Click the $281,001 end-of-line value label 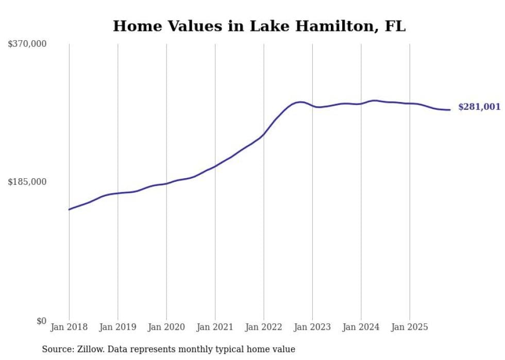click(x=479, y=107)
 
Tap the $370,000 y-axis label click(x=27, y=44)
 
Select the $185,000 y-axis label click(x=27, y=182)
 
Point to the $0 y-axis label click(x=41, y=321)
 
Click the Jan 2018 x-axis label click(x=69, y=327)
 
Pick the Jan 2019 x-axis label click(x=117, y=327)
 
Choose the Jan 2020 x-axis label click(x=166, y=327)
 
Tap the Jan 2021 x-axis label click(x=215, y=327)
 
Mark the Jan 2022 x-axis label click(x=264, y=327)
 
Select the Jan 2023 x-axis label click(x=312, y=327)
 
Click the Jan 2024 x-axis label click(x=361, y=327)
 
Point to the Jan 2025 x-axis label click(x=410, y=327)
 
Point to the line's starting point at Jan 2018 click(x=69, y=209)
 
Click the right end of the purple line click(x=450, y=110)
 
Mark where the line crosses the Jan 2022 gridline click(x=264, y=134)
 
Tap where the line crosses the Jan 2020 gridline click(x=166, y=183)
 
